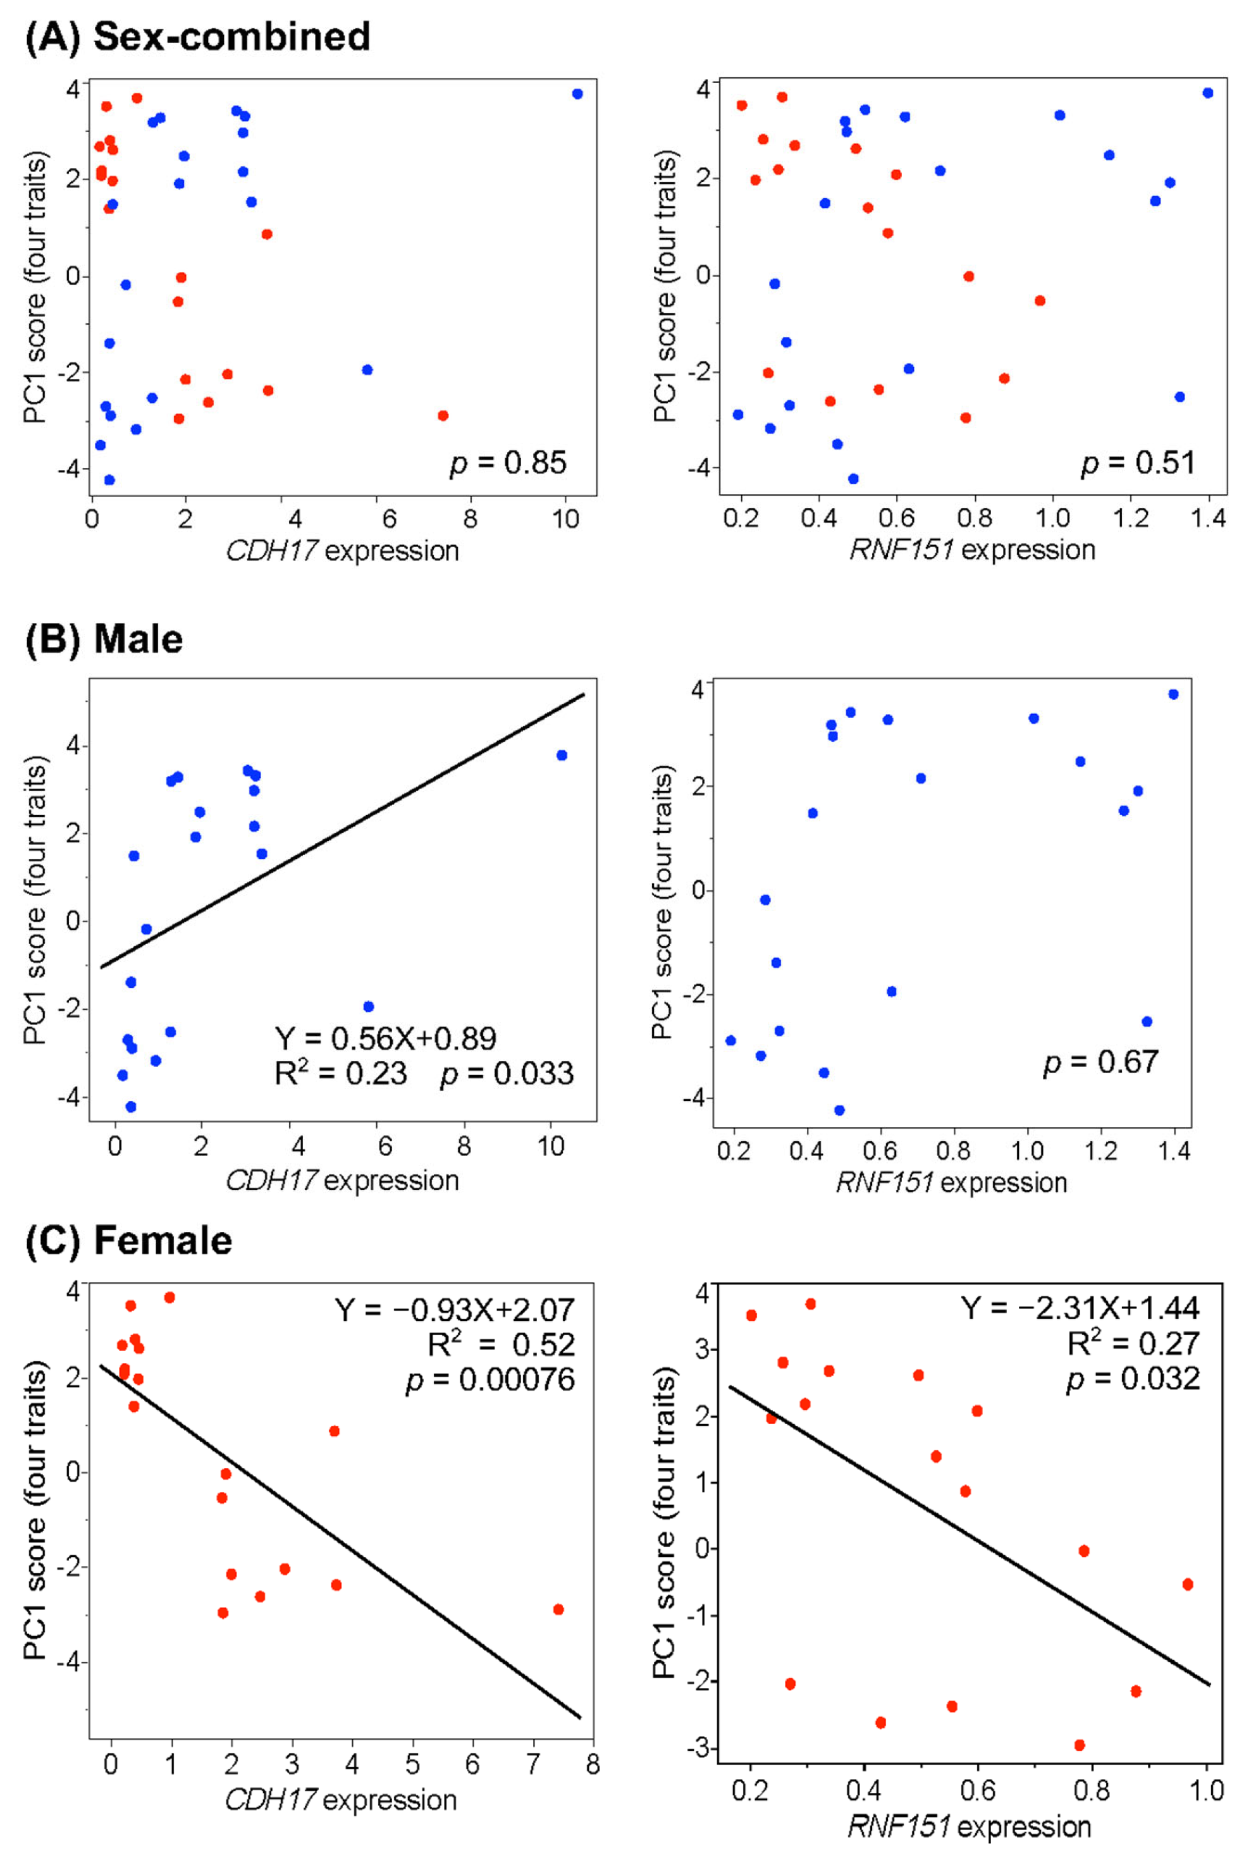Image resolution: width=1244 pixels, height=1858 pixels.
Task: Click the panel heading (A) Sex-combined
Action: point(199,37)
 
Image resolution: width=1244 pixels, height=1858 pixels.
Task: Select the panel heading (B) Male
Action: point(105,639)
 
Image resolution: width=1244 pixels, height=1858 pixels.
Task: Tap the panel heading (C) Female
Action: point(129,1241)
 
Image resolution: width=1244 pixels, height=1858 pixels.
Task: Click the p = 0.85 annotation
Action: point(508,462)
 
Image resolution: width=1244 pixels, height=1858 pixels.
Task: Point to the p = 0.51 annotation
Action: point(1138,462)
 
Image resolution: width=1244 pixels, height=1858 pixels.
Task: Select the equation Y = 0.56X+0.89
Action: point(386,1038)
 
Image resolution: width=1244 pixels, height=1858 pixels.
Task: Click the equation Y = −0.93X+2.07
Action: point(455,1310)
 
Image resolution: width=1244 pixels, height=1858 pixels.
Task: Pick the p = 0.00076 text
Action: point(490,1381)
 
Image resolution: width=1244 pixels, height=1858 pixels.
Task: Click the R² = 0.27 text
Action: point(1133,1343)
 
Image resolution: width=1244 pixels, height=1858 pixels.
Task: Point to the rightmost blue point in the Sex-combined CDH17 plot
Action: point(577,94)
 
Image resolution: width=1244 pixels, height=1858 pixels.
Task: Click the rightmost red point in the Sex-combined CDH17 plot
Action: point(443,415)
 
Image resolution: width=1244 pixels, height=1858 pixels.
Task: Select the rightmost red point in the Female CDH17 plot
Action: point(558,1609)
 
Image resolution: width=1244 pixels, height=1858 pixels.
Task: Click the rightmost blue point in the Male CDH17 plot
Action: point(562,755)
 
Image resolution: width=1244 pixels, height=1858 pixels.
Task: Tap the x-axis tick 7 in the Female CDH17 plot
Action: point(533,1765)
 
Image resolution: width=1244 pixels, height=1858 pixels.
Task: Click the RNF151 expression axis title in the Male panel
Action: point(951,1183)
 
